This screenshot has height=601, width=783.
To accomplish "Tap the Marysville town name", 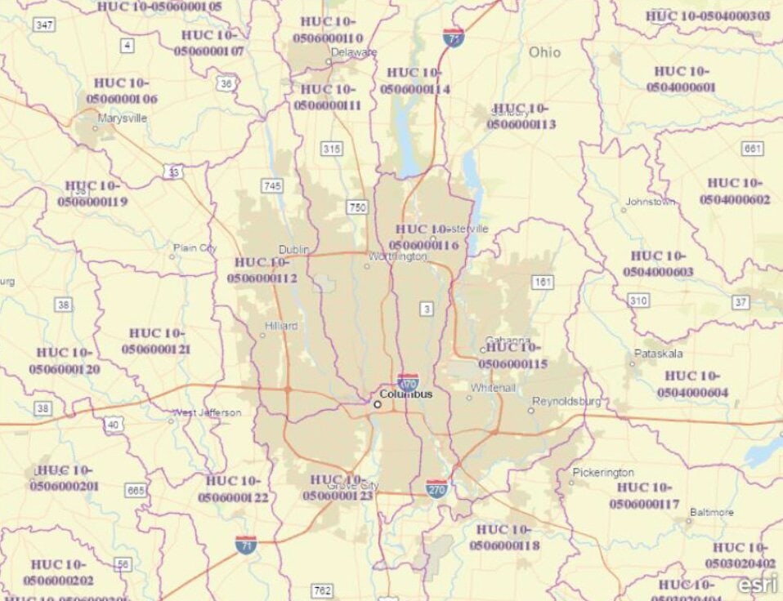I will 122,118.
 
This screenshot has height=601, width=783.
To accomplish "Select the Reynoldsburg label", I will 566,401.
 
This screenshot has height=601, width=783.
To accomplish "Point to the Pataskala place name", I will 658,354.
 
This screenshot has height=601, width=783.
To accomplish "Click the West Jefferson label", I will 209,413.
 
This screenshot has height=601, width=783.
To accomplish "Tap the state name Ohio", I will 545,52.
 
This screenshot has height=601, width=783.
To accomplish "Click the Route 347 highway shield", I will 44,25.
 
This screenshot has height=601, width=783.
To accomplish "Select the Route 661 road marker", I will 753,149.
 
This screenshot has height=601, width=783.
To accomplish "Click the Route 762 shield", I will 322,590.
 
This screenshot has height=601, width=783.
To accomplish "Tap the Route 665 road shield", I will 136,491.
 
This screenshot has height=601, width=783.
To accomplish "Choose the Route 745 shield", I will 272,186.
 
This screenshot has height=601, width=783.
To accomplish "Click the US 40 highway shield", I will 112,424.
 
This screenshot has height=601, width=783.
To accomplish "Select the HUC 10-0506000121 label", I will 157,341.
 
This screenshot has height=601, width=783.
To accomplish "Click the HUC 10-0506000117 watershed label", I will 644,496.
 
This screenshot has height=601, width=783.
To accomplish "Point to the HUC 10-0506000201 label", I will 65,478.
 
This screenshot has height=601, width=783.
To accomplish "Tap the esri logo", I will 756,584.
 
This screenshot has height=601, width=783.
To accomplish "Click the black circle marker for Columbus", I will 378,403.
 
